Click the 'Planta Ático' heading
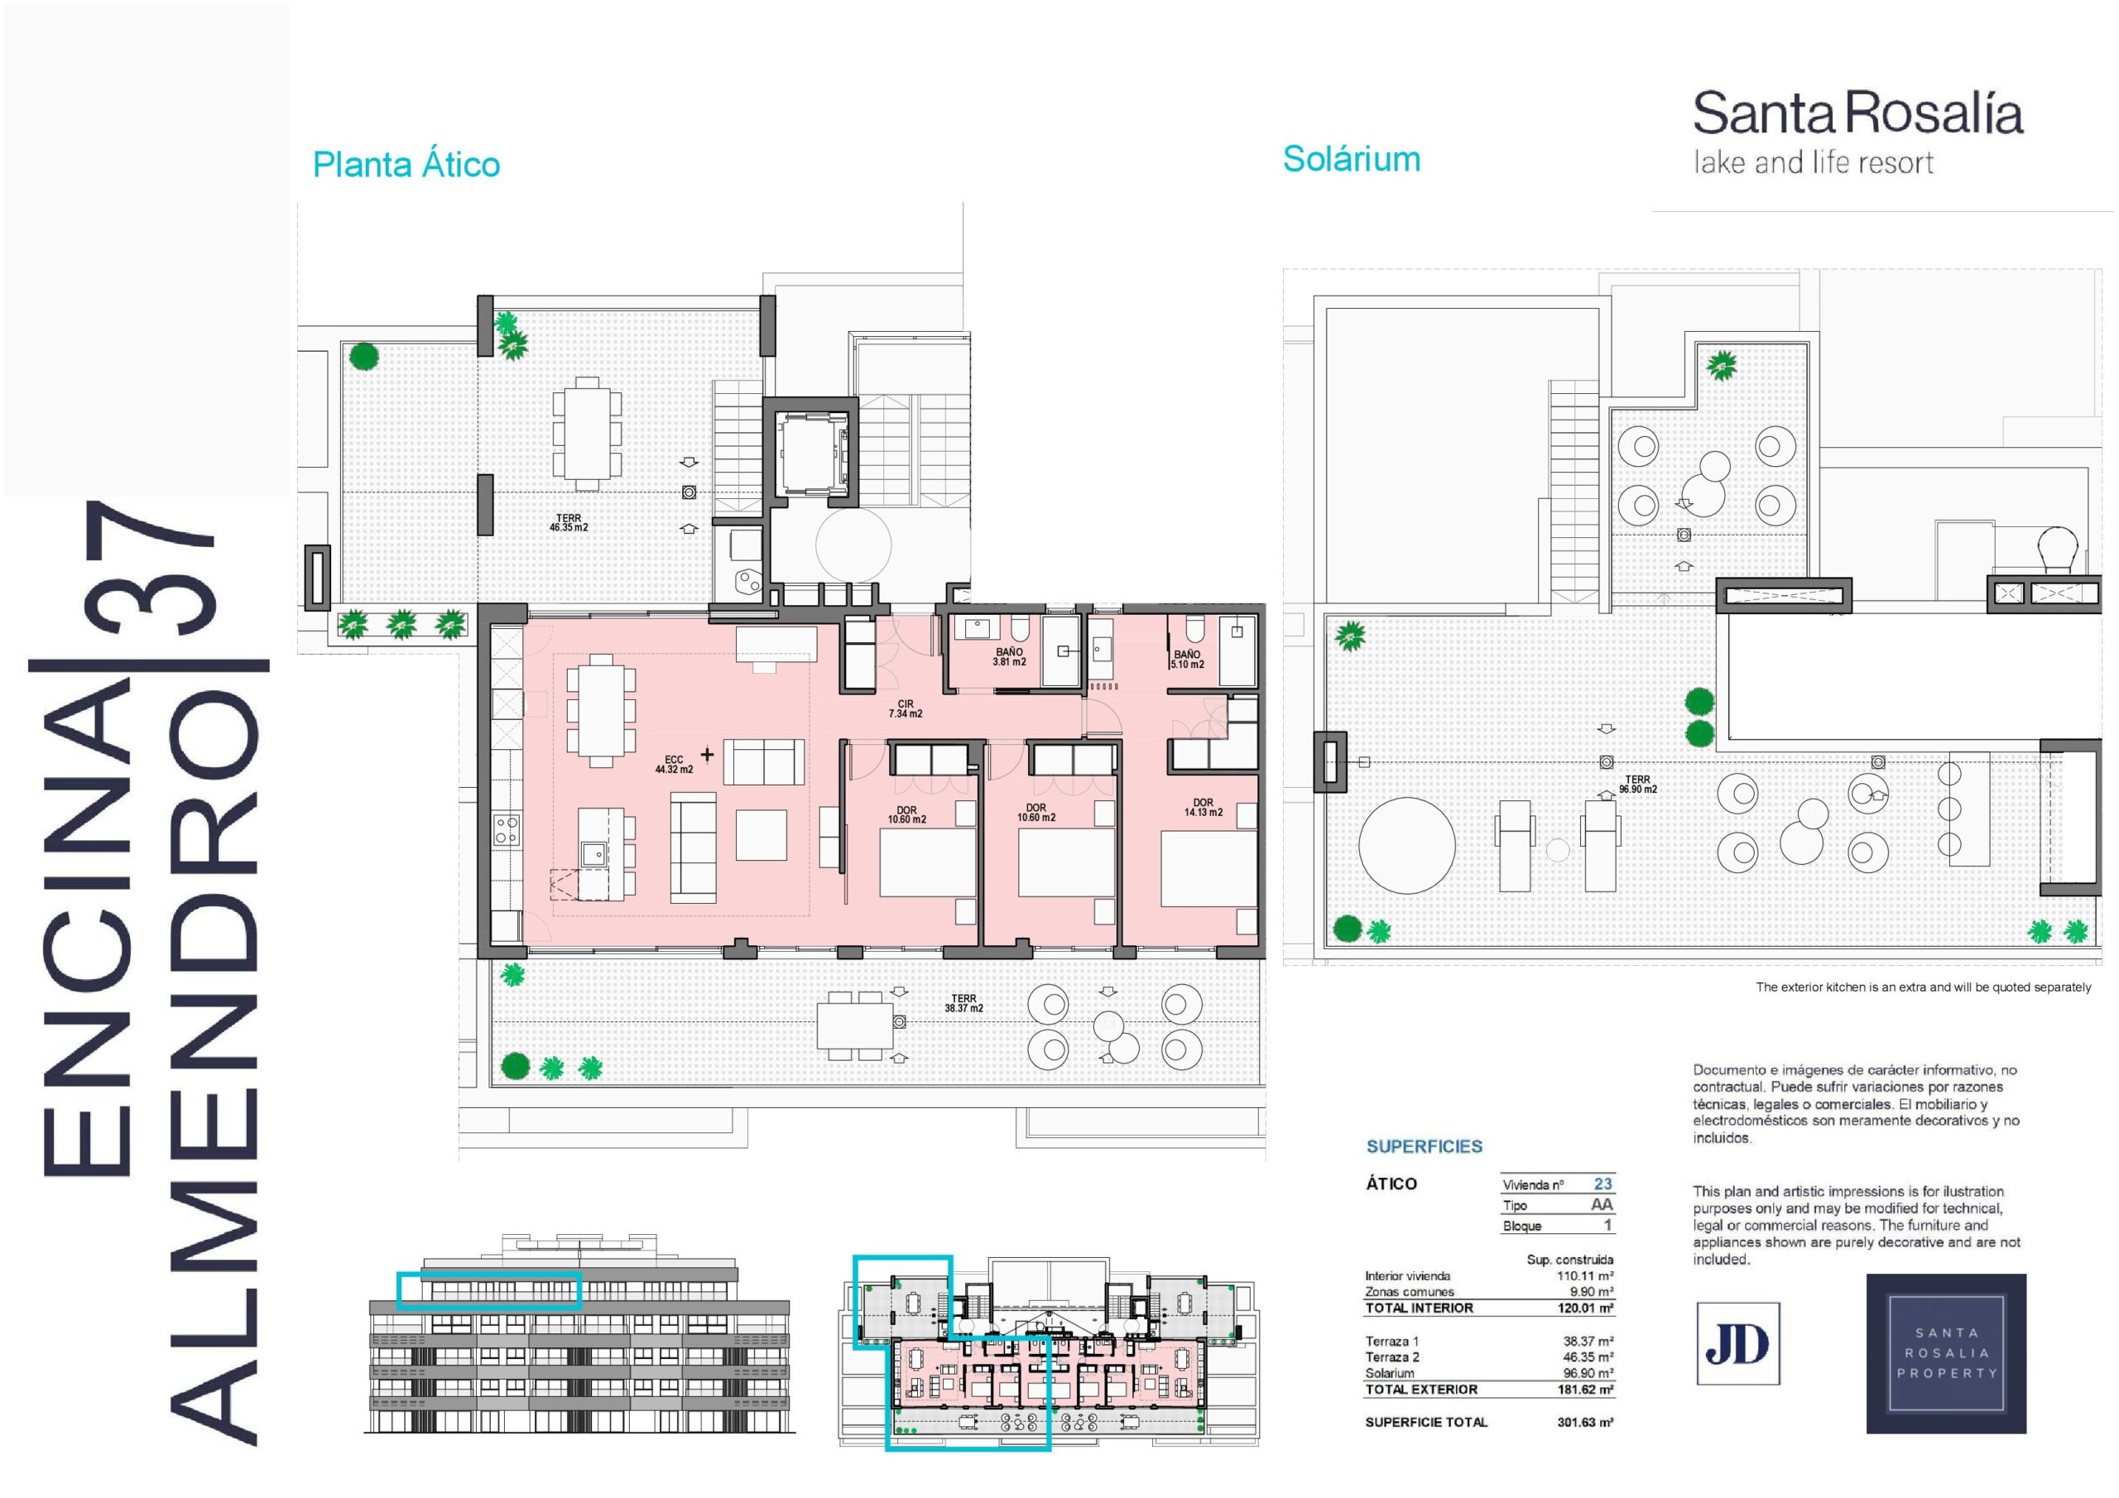pos(406,165)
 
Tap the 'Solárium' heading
pos(1351,159)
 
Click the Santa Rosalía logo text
pos(1857,114)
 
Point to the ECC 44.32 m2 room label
pos(674,764)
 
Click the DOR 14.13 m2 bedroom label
pos(1204,808)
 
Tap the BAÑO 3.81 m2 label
pos(1010,656)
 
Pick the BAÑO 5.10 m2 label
pos(1187,659)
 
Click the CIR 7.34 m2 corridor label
pos(906,708)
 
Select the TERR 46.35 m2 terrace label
pos(569,522)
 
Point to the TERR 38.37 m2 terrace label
pos(963,1003)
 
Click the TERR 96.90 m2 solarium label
pos(1638,785)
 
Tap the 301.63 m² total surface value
pos(1586,1423)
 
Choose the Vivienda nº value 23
pos(1603,1184)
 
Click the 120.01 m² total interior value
pos(1586,1308)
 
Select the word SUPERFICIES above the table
pos(1424,1146)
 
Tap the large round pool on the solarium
pos(1406,843)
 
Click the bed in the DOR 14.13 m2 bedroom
pos(1209,868)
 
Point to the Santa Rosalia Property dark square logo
pos(1946,1353)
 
